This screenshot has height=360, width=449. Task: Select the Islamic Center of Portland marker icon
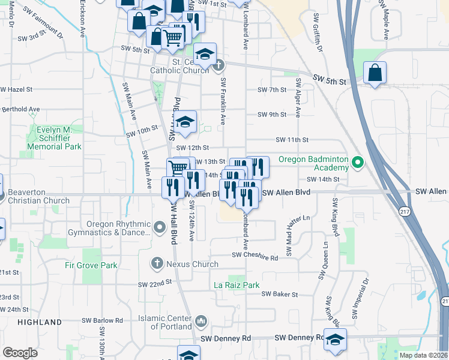201,322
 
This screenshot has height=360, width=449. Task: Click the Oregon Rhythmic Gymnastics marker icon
159,228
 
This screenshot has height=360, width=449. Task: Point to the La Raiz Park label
237,285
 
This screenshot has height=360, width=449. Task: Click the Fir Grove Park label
91,264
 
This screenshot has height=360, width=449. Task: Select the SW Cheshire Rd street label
256,258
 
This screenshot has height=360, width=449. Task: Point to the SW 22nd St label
155,284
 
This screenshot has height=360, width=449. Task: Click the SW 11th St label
292,139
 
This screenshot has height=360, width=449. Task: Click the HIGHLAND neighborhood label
40,322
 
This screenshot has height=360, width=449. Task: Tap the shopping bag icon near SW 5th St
375,74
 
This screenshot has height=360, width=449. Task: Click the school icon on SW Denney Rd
335,338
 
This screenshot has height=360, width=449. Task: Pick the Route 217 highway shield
405,211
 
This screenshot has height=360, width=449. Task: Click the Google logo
20,353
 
